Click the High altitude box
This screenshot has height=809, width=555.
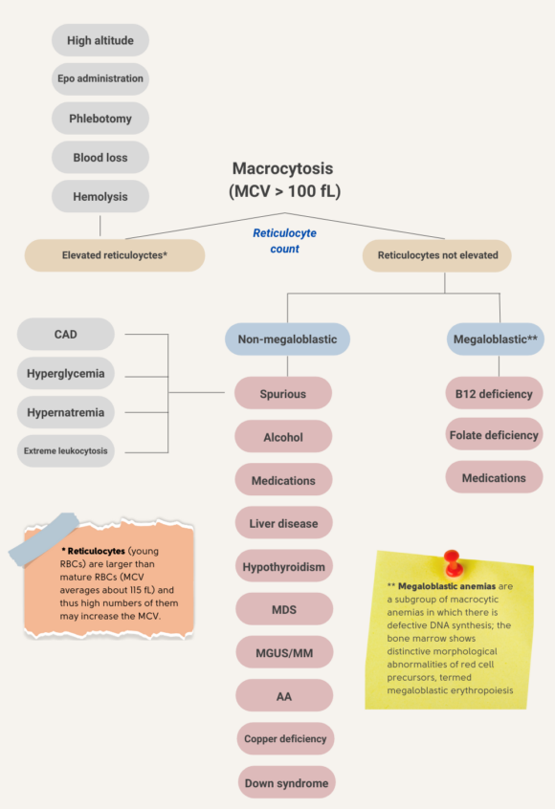100,40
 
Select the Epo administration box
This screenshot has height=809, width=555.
100,78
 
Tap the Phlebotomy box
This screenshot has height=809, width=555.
100,119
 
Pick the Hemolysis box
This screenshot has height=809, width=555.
100,197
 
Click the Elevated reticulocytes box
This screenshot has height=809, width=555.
114,255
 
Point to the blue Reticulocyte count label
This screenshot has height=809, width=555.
284,240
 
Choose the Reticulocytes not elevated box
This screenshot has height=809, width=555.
436,255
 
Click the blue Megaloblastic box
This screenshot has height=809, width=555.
495,339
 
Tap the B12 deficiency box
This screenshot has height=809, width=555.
494,393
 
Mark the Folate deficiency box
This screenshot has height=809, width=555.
494,435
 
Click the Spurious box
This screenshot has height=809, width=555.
283,393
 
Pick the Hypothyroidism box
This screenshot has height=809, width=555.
283,566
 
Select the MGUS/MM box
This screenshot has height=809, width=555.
283,652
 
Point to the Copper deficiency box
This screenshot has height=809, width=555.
285,739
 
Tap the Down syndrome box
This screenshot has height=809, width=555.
285,782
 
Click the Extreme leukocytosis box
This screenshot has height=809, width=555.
66,450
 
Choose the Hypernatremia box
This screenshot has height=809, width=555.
66,413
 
